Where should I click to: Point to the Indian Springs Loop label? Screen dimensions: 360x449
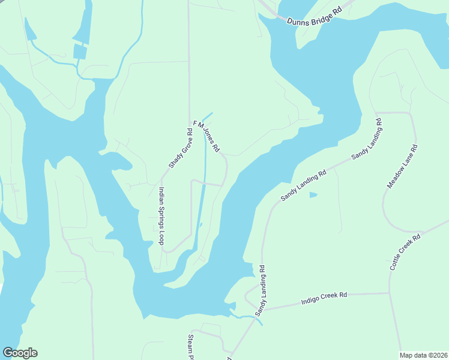[161, 216]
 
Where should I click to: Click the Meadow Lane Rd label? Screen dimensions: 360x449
[402, 166]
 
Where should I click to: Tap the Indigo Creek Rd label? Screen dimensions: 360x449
[324, 296]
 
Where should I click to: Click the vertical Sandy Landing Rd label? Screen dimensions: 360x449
[260, 291]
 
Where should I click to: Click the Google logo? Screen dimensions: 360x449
[20, 353]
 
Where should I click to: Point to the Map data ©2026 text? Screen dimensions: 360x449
[424, 355]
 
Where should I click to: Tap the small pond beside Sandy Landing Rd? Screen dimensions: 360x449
[313, 195]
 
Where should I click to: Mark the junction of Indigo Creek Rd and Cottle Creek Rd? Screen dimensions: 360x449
[390, 293]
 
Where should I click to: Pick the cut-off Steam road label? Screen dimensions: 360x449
[191, 344]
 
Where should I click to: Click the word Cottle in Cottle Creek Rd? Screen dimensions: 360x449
[397, 262]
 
